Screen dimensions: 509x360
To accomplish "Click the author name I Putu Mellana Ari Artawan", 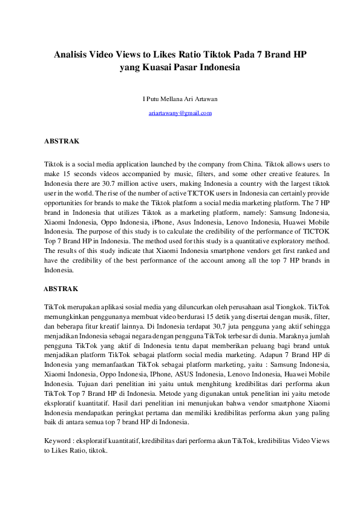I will (180, 99).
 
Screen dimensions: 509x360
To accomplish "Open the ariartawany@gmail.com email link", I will (180, 113).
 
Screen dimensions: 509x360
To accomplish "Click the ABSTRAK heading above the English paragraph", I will (62, 141).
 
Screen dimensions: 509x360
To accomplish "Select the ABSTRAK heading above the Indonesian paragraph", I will (62, 289).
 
